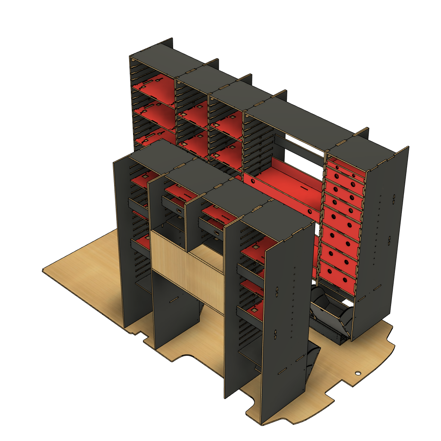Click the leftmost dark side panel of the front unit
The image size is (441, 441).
click(x=125, y=241)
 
